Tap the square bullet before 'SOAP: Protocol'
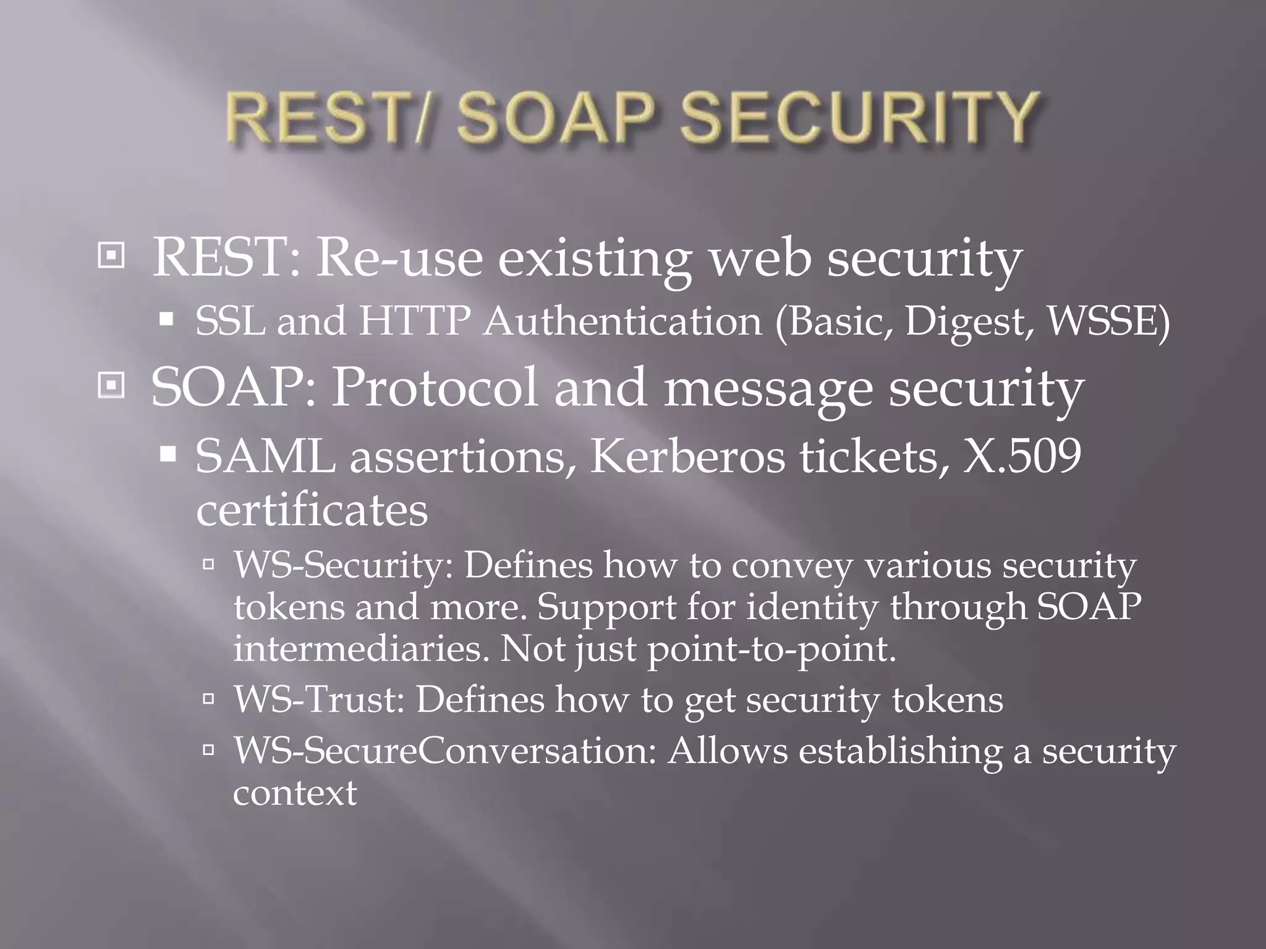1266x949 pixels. (x=111, y=386)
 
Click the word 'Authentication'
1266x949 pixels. (x=623, y=321)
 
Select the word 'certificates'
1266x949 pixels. (x=312, y=510)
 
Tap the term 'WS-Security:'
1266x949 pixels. (x=344, y=566)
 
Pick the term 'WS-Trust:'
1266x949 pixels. (x=319, y=700)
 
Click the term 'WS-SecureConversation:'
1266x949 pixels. (x=444, y=751)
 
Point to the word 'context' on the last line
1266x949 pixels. (x=295, y=793)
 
